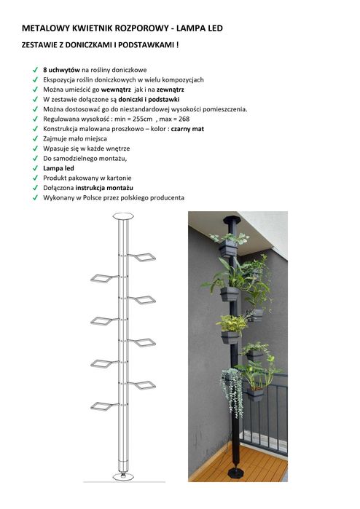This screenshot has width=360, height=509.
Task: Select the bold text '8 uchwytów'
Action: pos(60,68)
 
